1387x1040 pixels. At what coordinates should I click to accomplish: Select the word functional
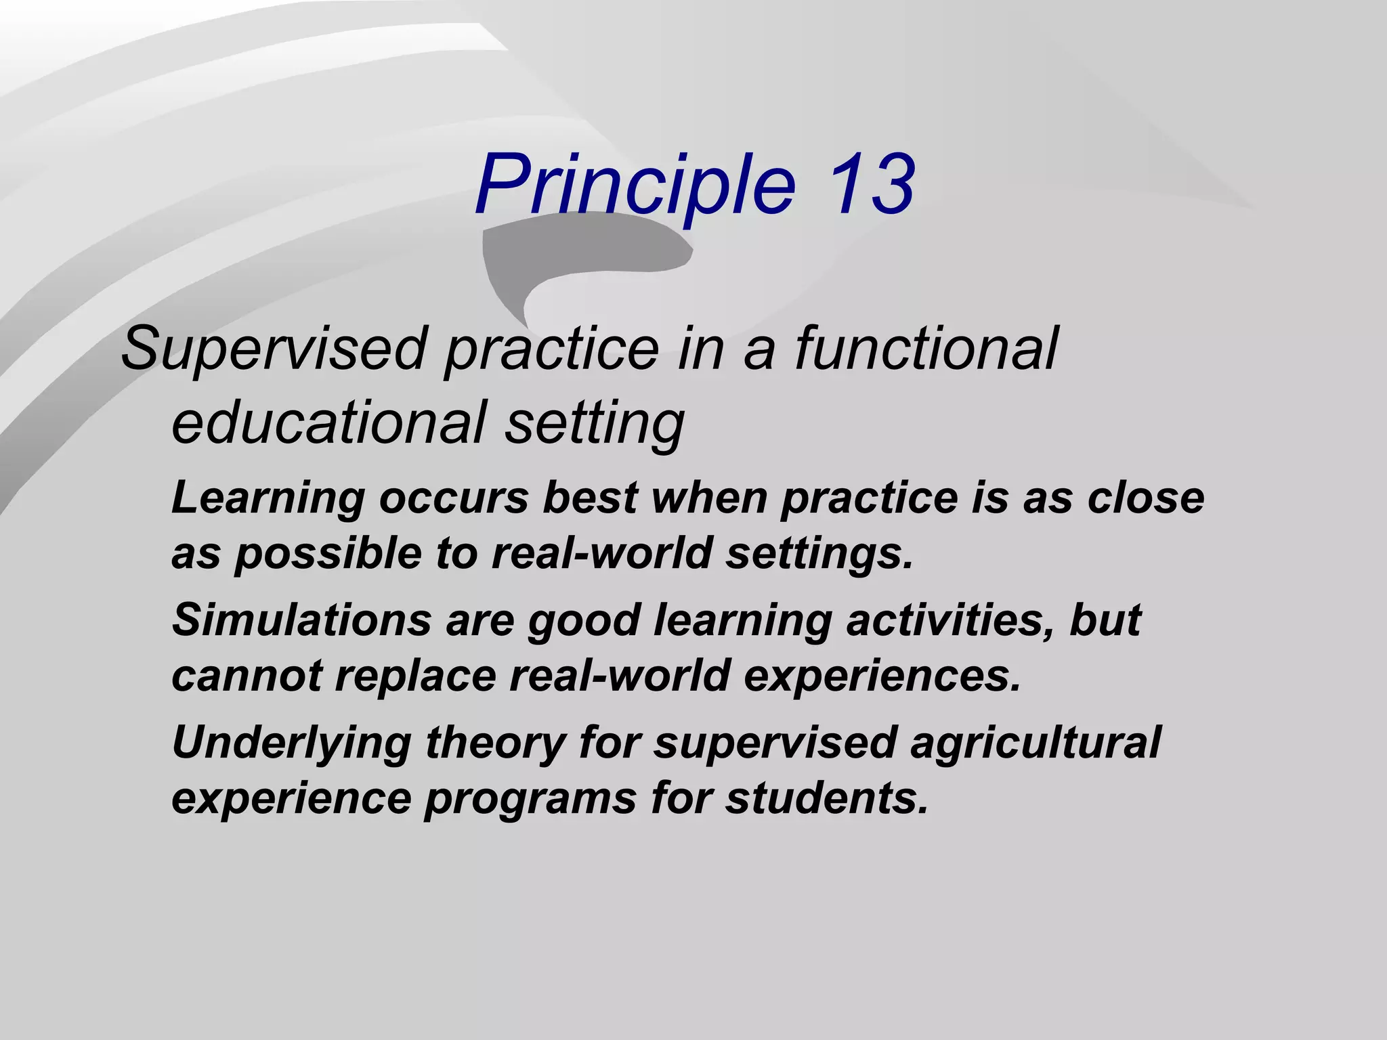(925, 348)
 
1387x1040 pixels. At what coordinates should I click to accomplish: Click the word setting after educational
(595, 424)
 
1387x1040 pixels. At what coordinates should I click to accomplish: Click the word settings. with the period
(819, 554)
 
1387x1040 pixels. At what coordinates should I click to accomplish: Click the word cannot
(247, 676)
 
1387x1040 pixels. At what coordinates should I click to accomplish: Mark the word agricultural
(1035, 742)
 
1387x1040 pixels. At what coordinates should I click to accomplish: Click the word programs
(530, 799)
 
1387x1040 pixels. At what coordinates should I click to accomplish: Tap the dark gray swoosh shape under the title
(582, 257)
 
